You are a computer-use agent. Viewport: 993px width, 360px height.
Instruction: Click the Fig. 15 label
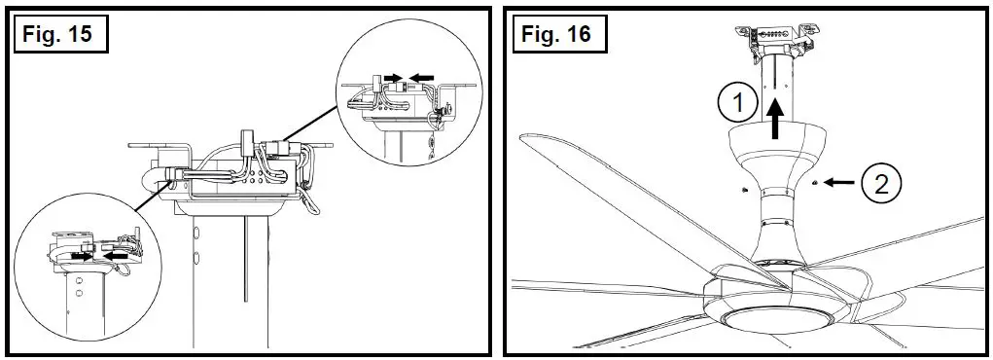[58, 34]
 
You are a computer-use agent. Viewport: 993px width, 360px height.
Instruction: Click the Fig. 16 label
[557, 34]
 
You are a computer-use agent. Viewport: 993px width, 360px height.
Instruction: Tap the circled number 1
[737, 100]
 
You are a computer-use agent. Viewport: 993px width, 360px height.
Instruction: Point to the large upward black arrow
[776, 122]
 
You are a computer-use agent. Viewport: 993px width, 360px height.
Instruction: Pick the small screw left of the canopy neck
[740, 188]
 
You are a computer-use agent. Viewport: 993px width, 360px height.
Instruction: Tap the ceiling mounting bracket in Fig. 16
[775, 36]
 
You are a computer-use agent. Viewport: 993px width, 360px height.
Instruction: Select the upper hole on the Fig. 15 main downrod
[197, 233]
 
